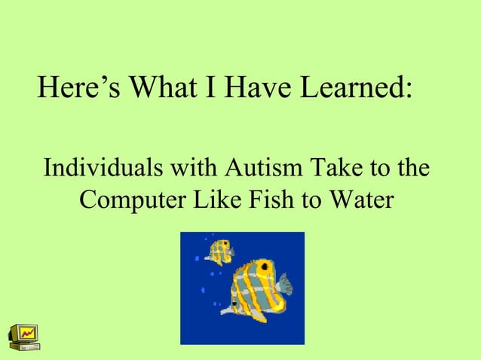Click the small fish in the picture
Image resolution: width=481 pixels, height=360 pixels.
coord(220,252)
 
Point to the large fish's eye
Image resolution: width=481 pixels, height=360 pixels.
coord(265,265)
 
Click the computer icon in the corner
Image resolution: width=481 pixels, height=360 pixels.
coord(23,337)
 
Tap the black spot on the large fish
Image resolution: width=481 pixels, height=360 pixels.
coord(236,303)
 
